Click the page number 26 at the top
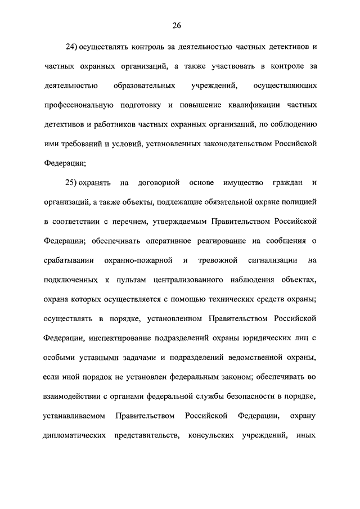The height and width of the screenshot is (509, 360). (176, 25)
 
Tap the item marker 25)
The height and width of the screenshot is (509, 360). (73, 183)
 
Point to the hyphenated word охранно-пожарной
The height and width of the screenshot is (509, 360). (138, 260)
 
